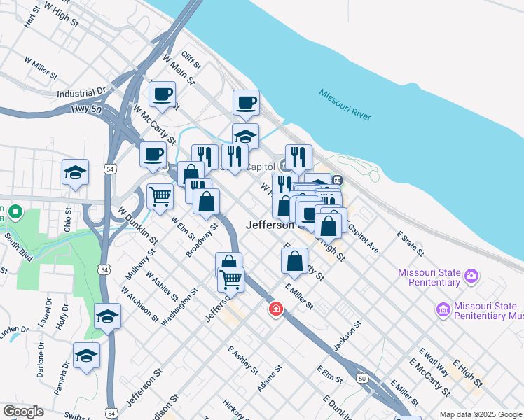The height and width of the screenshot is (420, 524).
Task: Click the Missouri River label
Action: coord(345,104)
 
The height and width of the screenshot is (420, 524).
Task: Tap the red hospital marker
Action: coord(276,309)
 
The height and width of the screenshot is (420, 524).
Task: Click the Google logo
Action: coord(23,412)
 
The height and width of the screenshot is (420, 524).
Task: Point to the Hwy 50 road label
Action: coord(87,108)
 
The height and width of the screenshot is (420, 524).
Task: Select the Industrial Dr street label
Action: coord(81,92)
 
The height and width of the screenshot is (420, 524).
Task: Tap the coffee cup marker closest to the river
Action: coord(246,103)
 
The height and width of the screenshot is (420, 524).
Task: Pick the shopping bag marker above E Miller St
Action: coord(295,261)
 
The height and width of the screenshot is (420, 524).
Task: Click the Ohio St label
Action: coord(68,219)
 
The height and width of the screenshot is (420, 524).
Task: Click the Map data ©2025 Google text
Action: coord(481,414)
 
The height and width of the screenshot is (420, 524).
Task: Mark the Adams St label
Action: coord(270,377)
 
